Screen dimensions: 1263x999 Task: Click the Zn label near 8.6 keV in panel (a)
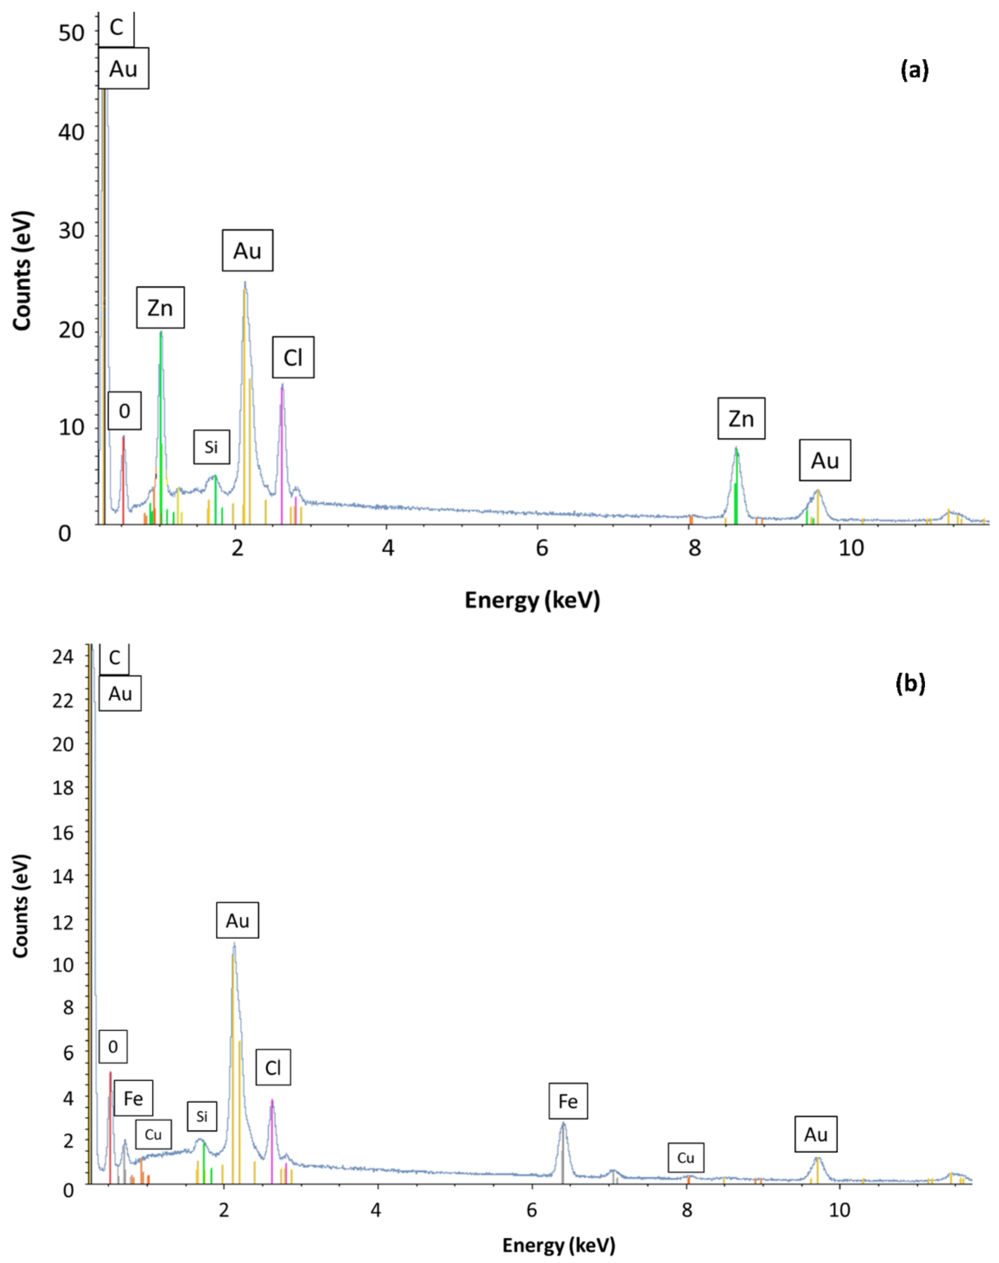[x=741, y=419]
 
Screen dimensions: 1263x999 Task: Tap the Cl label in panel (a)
[x=293, y=357]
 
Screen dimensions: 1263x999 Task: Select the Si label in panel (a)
[x=211, y=447]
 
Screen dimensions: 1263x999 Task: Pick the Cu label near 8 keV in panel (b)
[x=686, y=1158]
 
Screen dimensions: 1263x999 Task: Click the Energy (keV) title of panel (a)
[x=532, y=600]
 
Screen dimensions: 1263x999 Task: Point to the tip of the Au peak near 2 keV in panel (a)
[x=245, y=283]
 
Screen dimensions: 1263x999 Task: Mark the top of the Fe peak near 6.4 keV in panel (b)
[x=563, y=1123]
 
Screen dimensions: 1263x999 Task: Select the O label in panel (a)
[x=124, y=411]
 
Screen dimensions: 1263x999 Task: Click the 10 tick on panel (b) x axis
[x=839, y=1210]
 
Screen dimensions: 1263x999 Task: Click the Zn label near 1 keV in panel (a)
[x=160, y=308]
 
